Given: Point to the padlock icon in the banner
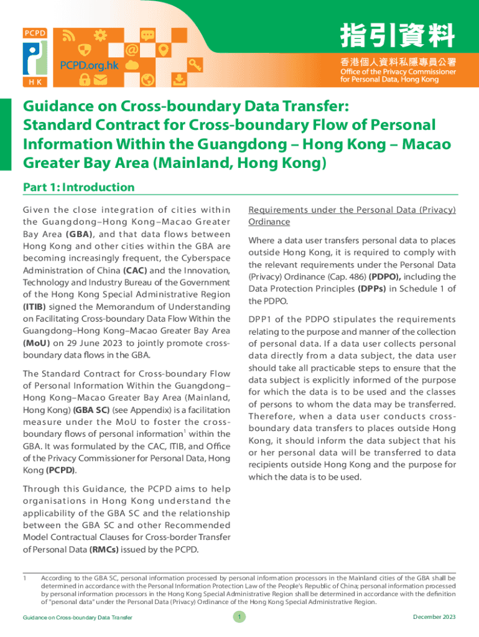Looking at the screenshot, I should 83,79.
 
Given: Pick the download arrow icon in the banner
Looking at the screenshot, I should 179,79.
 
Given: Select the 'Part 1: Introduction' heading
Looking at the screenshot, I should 78,187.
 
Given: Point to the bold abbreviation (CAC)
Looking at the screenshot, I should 135,271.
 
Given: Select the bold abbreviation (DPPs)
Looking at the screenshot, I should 371,289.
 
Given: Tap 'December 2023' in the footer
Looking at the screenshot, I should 434,616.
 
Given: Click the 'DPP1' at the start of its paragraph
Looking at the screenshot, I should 260,320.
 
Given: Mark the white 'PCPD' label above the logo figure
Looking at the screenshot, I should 35,33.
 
